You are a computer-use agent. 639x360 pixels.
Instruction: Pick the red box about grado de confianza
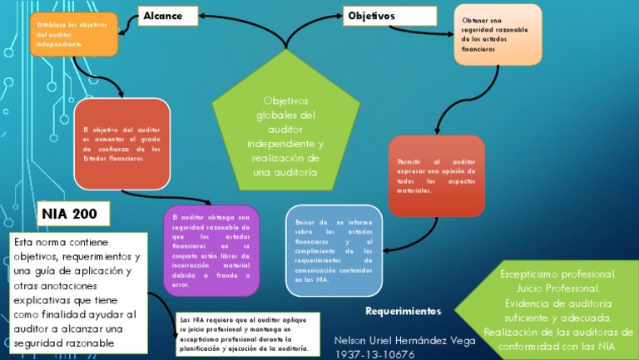(x=121, y=143)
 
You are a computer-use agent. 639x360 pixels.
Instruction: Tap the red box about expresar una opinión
(x=436, y=175)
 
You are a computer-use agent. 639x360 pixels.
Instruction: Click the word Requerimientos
(x=404, y=311)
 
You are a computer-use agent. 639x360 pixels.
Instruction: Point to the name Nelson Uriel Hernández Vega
(x=404, y=341)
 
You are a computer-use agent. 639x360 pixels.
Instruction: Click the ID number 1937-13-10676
(x=374, y=354)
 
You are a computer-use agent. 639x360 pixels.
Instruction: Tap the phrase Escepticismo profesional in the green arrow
(x=557, y=274)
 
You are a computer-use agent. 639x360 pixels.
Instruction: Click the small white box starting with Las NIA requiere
(x=246, y=334)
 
